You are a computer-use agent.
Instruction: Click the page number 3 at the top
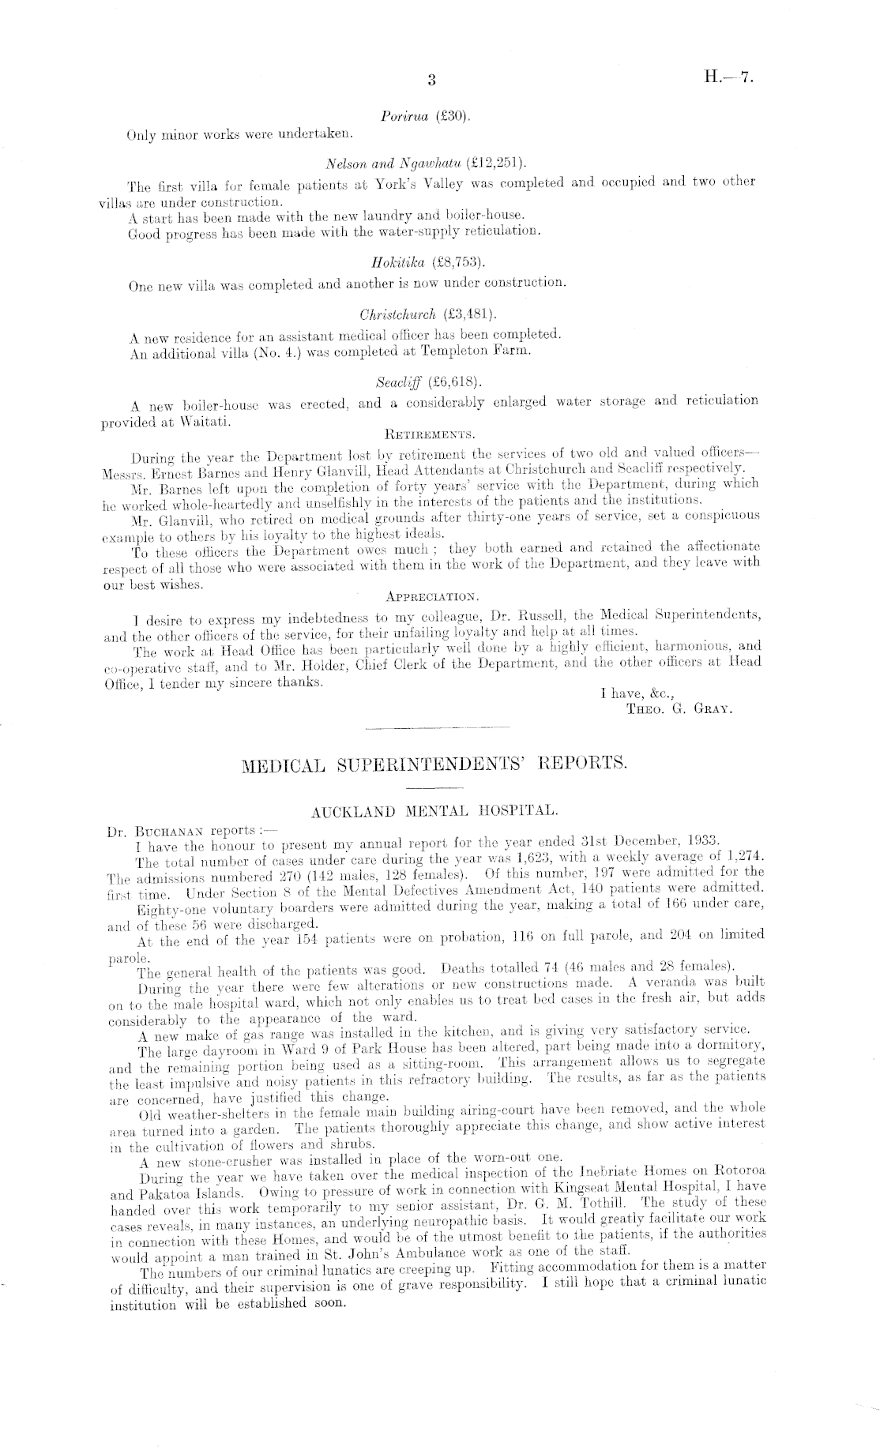click(x=431, y=79)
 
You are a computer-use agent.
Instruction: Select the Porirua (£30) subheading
click(x=426, y=116)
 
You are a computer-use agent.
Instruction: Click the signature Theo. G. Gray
click(x=679, y=708)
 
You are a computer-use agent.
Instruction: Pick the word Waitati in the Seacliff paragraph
click(x=206, y=423)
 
